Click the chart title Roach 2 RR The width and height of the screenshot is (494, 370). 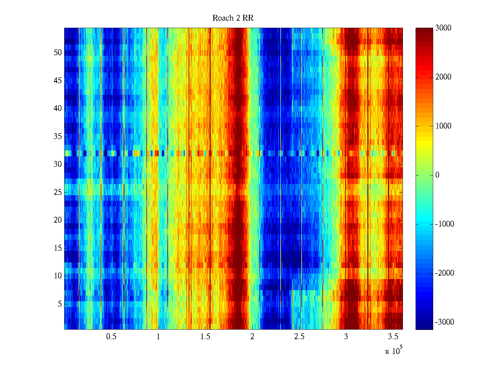233,18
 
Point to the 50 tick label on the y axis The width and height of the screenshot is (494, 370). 58,53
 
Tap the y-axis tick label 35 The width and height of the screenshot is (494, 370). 58,137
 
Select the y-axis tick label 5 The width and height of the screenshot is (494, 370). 60,304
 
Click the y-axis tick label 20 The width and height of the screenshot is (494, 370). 58,220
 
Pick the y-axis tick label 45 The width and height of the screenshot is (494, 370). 58,81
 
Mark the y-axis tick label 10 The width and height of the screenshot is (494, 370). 58,276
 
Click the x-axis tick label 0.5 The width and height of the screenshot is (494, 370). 111,337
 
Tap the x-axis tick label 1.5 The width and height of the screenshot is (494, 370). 205,337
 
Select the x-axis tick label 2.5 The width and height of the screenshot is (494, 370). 299,337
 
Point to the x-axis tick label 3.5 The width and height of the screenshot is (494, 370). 393,337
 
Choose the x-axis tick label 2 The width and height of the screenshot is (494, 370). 252,337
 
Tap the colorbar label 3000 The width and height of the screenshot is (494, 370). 443,28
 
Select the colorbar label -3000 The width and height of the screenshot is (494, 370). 444,322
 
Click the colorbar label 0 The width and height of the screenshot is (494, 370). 437,175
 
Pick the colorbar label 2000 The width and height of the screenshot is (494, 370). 443,77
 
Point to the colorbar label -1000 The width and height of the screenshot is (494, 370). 444,224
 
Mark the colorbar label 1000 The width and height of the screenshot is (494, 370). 443,126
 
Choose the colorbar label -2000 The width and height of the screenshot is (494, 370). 444,273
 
